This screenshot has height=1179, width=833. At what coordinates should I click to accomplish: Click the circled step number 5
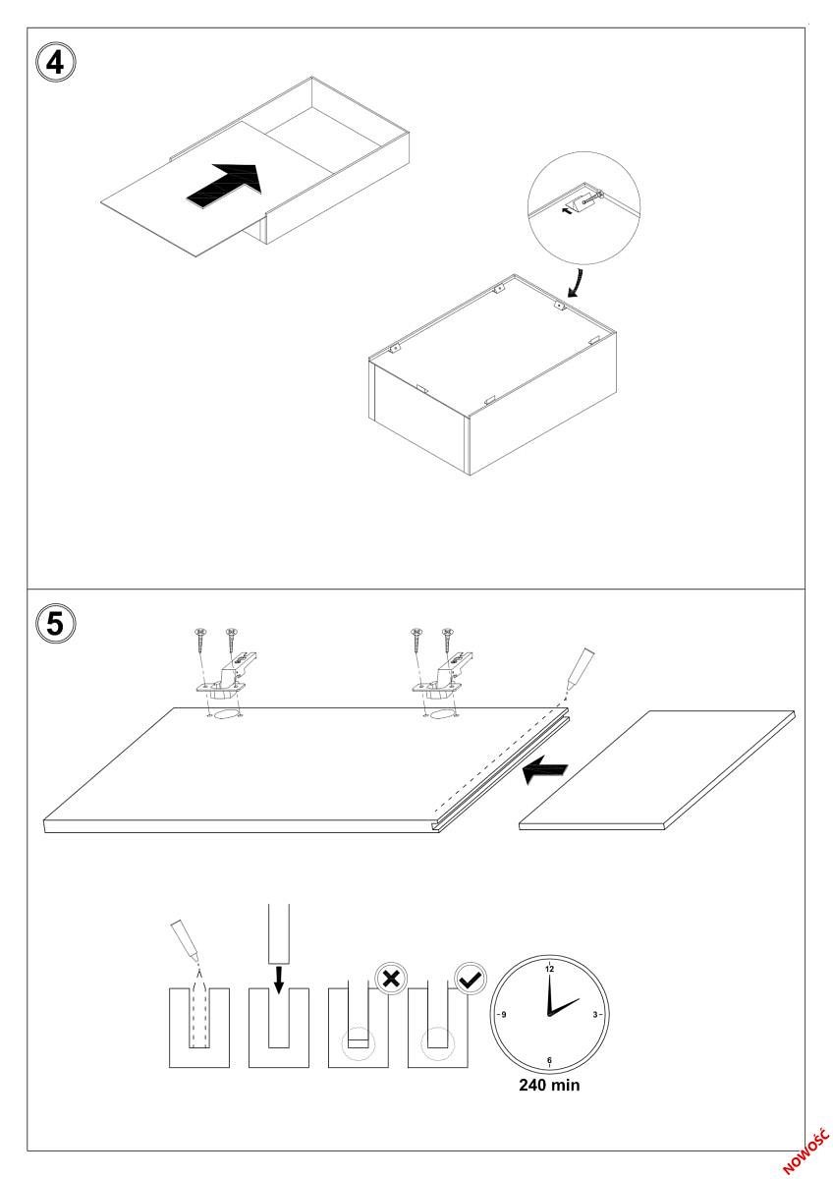(x=55, y=623)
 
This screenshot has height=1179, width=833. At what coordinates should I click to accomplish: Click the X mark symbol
(x=390, y=980)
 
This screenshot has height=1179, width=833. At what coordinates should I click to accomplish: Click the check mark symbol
(x=470, y=979)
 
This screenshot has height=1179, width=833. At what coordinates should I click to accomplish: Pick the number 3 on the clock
(x=595, y=1014)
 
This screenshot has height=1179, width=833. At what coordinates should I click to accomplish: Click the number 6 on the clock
(x=549, y=1060)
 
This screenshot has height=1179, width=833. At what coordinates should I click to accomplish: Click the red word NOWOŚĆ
(x=806, y=1149)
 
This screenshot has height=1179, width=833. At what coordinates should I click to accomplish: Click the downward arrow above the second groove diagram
(x=279, y=979)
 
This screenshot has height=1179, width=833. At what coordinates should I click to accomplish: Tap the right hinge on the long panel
(x=445, y=679)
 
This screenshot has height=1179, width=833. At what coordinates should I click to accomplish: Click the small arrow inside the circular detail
(x=567, y=209)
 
